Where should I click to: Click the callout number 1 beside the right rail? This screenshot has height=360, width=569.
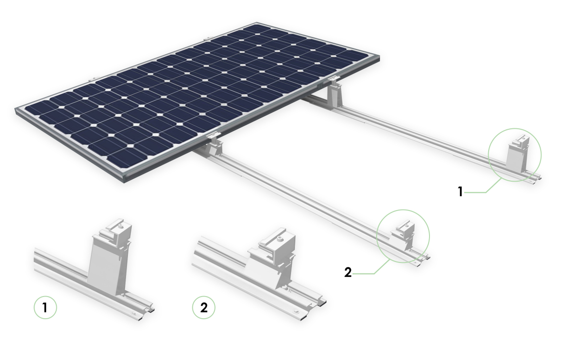coord(460,192)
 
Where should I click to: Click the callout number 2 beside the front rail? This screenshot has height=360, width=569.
coord(348,273)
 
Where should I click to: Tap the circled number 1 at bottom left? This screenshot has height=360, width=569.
coord(45,308)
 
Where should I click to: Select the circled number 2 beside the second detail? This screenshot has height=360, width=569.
coord(203,308)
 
